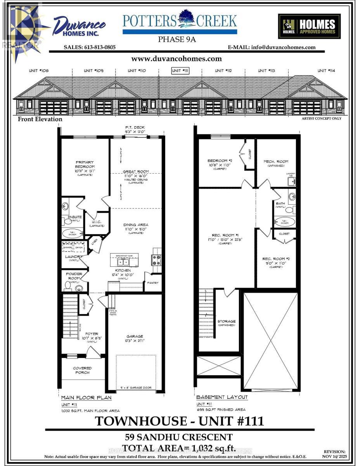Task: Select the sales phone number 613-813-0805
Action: click(x=90, y=47)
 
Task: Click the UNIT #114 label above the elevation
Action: click(x=326, y=71)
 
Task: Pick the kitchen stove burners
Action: click(x=157, y=260)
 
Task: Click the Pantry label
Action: click(x=153, y=283)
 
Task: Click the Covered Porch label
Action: click(x=83, y=370)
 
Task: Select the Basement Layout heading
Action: click(x=222, y=397)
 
